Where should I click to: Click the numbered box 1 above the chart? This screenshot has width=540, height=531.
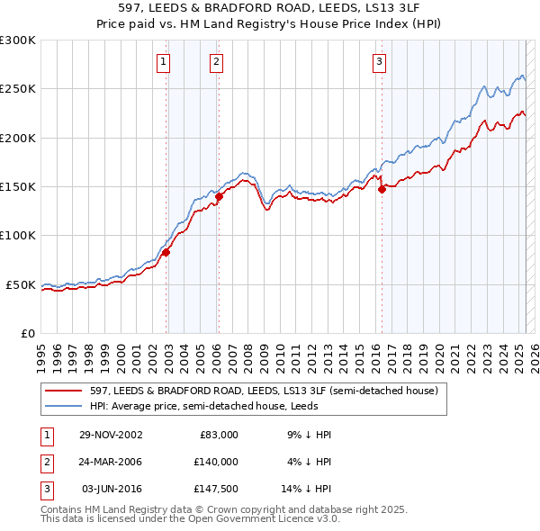tap(163, 62)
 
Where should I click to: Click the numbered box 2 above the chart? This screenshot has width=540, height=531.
tap(217, 62)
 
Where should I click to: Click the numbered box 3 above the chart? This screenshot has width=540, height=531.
tap(379, 62)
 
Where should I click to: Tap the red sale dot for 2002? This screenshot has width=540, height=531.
tap(166, 253)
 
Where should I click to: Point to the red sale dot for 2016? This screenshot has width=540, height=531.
tap(382, 189)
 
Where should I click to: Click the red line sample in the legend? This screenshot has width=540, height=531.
tap(63, 391)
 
